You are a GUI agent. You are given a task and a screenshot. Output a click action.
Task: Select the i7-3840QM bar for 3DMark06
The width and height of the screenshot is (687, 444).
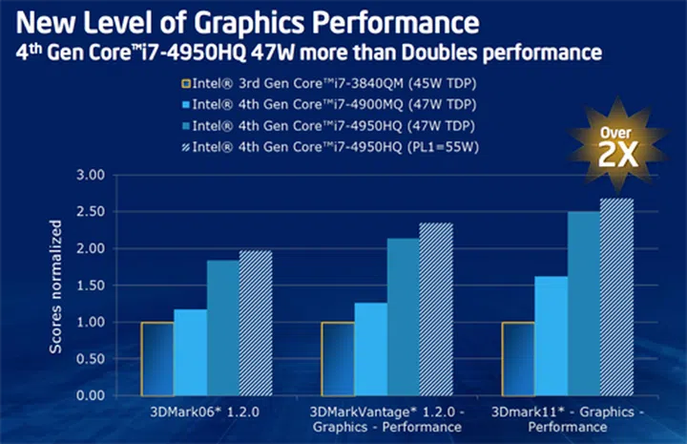[157, 359]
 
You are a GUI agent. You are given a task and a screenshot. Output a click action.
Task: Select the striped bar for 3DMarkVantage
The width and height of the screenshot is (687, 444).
[436, 309]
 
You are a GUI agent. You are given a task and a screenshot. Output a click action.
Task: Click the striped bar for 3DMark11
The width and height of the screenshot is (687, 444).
[616, 297]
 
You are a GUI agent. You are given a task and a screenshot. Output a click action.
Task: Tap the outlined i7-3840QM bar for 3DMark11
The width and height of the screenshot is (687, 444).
[518, 359]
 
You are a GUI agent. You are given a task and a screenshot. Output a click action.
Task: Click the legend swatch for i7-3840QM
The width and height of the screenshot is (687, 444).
[183, 84]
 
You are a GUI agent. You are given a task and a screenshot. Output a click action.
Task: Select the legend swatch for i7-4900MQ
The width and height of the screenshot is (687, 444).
[183, 105]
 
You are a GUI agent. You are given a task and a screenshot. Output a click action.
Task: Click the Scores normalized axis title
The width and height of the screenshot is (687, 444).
[56, 286]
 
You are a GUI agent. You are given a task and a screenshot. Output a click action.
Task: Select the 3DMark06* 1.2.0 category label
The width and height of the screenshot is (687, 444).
[207, 412]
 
